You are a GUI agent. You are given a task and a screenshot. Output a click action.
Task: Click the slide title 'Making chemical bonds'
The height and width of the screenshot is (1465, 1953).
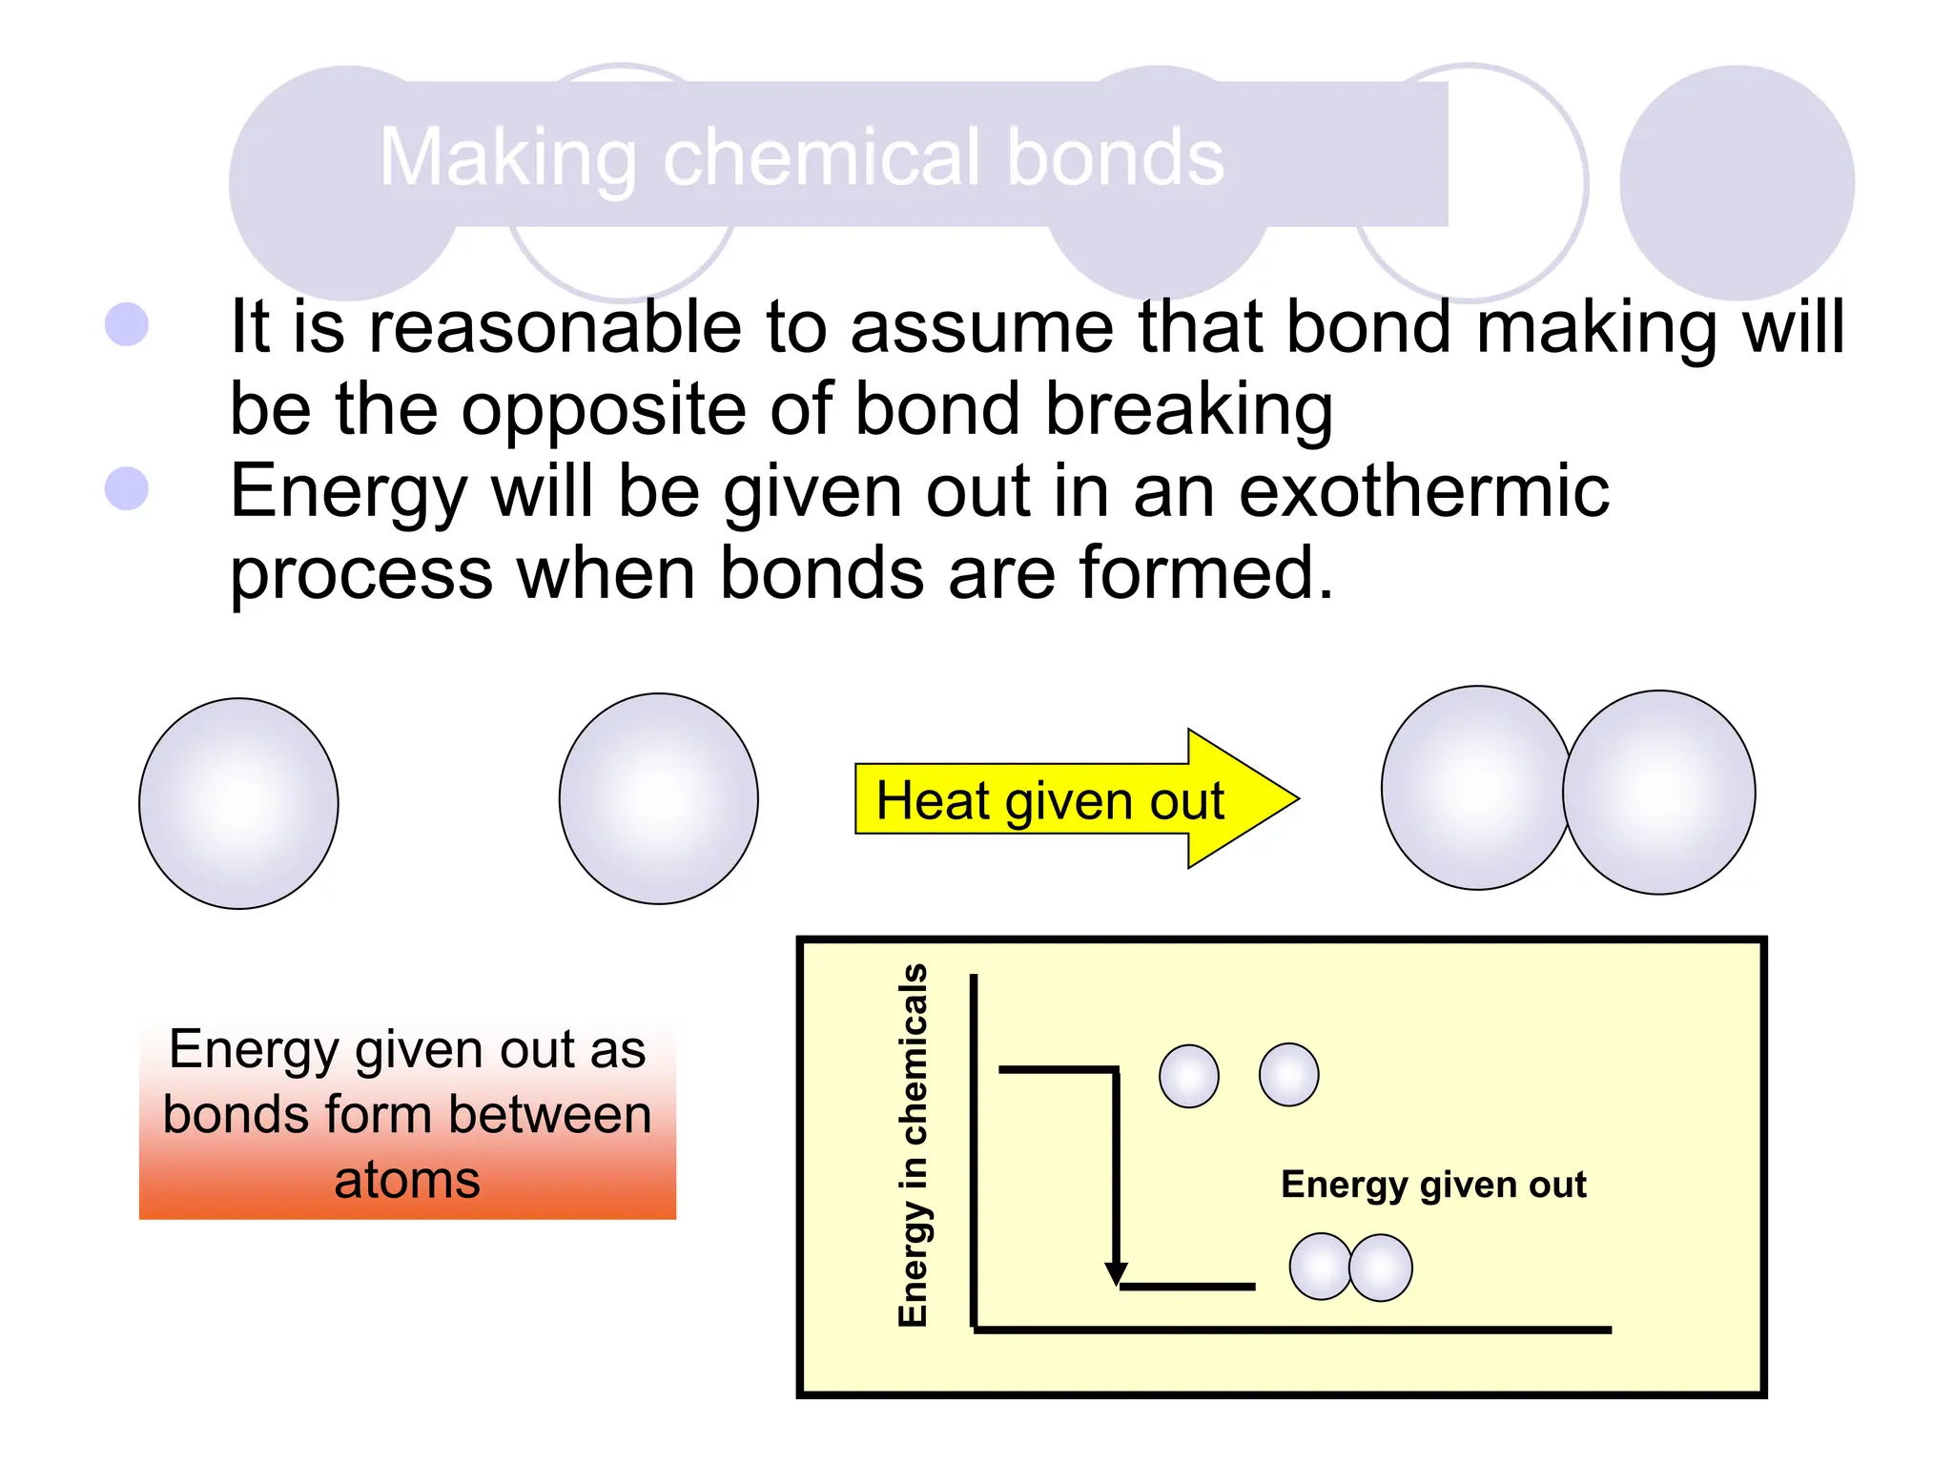[801, 157]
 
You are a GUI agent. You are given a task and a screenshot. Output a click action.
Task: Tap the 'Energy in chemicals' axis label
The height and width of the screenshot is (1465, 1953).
[913, 1145]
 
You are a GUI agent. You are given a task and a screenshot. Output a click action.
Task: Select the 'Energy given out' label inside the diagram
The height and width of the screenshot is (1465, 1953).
[1432, 1184]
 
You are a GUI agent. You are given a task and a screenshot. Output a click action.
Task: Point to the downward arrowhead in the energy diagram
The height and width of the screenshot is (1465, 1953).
[1116, 1274]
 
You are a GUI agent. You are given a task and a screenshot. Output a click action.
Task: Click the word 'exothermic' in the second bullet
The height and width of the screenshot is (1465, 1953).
[1423, 491]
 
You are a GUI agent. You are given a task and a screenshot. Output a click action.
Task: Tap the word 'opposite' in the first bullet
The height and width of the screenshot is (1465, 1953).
[604, 410]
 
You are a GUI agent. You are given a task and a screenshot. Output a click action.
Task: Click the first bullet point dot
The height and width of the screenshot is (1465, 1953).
[127, 324]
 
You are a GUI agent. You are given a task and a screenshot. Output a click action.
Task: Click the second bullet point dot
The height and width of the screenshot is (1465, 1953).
[127, 489]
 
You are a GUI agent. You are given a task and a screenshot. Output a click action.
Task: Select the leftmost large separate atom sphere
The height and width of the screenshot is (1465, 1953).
[238, 803]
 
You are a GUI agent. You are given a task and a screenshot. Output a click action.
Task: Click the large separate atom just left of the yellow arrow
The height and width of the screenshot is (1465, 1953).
[658, 798]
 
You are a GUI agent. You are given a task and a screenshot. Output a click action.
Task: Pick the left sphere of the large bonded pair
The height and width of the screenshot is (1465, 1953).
[1473, 788]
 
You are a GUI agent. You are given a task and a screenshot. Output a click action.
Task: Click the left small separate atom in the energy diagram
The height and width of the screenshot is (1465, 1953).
[1188, 1076]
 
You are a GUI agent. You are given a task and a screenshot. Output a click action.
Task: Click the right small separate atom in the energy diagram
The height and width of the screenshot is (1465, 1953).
[1288, 1075]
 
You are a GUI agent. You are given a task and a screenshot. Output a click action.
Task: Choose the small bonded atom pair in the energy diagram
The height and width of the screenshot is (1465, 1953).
[1350, 1268]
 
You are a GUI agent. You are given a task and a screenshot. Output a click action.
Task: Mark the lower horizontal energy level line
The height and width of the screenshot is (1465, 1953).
[1187, 1287]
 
